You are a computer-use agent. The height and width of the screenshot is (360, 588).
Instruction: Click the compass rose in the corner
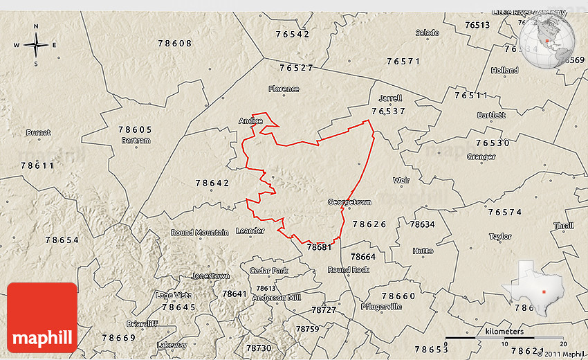(36, 46)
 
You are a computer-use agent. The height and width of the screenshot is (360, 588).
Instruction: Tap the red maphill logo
(42, 318)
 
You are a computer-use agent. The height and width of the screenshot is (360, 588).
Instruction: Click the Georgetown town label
(349, 202)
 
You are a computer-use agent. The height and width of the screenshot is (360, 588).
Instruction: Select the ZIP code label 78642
(212, 183)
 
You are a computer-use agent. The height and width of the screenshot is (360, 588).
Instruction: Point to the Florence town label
(284, 89)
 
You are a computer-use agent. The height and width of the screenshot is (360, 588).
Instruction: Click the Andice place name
(250, 120)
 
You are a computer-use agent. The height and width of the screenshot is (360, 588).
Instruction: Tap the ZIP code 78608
(174, 43)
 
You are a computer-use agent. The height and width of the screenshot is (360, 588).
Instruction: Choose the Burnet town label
(38, 132)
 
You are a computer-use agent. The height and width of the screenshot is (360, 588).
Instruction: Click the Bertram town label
(136, 141)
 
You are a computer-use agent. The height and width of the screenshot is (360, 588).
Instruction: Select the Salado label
(427, 33)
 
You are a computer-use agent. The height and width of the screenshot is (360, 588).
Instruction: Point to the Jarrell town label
(390, 98)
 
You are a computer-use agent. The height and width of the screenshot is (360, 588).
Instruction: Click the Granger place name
(481, 156)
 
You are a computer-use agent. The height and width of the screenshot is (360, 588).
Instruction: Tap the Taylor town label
(500, 236)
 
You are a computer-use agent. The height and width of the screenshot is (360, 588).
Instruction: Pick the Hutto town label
(423, 251)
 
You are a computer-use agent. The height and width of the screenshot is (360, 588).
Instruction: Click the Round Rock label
(349, 269)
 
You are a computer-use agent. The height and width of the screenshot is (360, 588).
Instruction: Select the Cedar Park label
(268, 270)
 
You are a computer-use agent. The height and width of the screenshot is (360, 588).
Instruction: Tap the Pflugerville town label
(381, 306)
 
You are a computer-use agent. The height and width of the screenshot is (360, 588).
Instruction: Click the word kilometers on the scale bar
(504, 332)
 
